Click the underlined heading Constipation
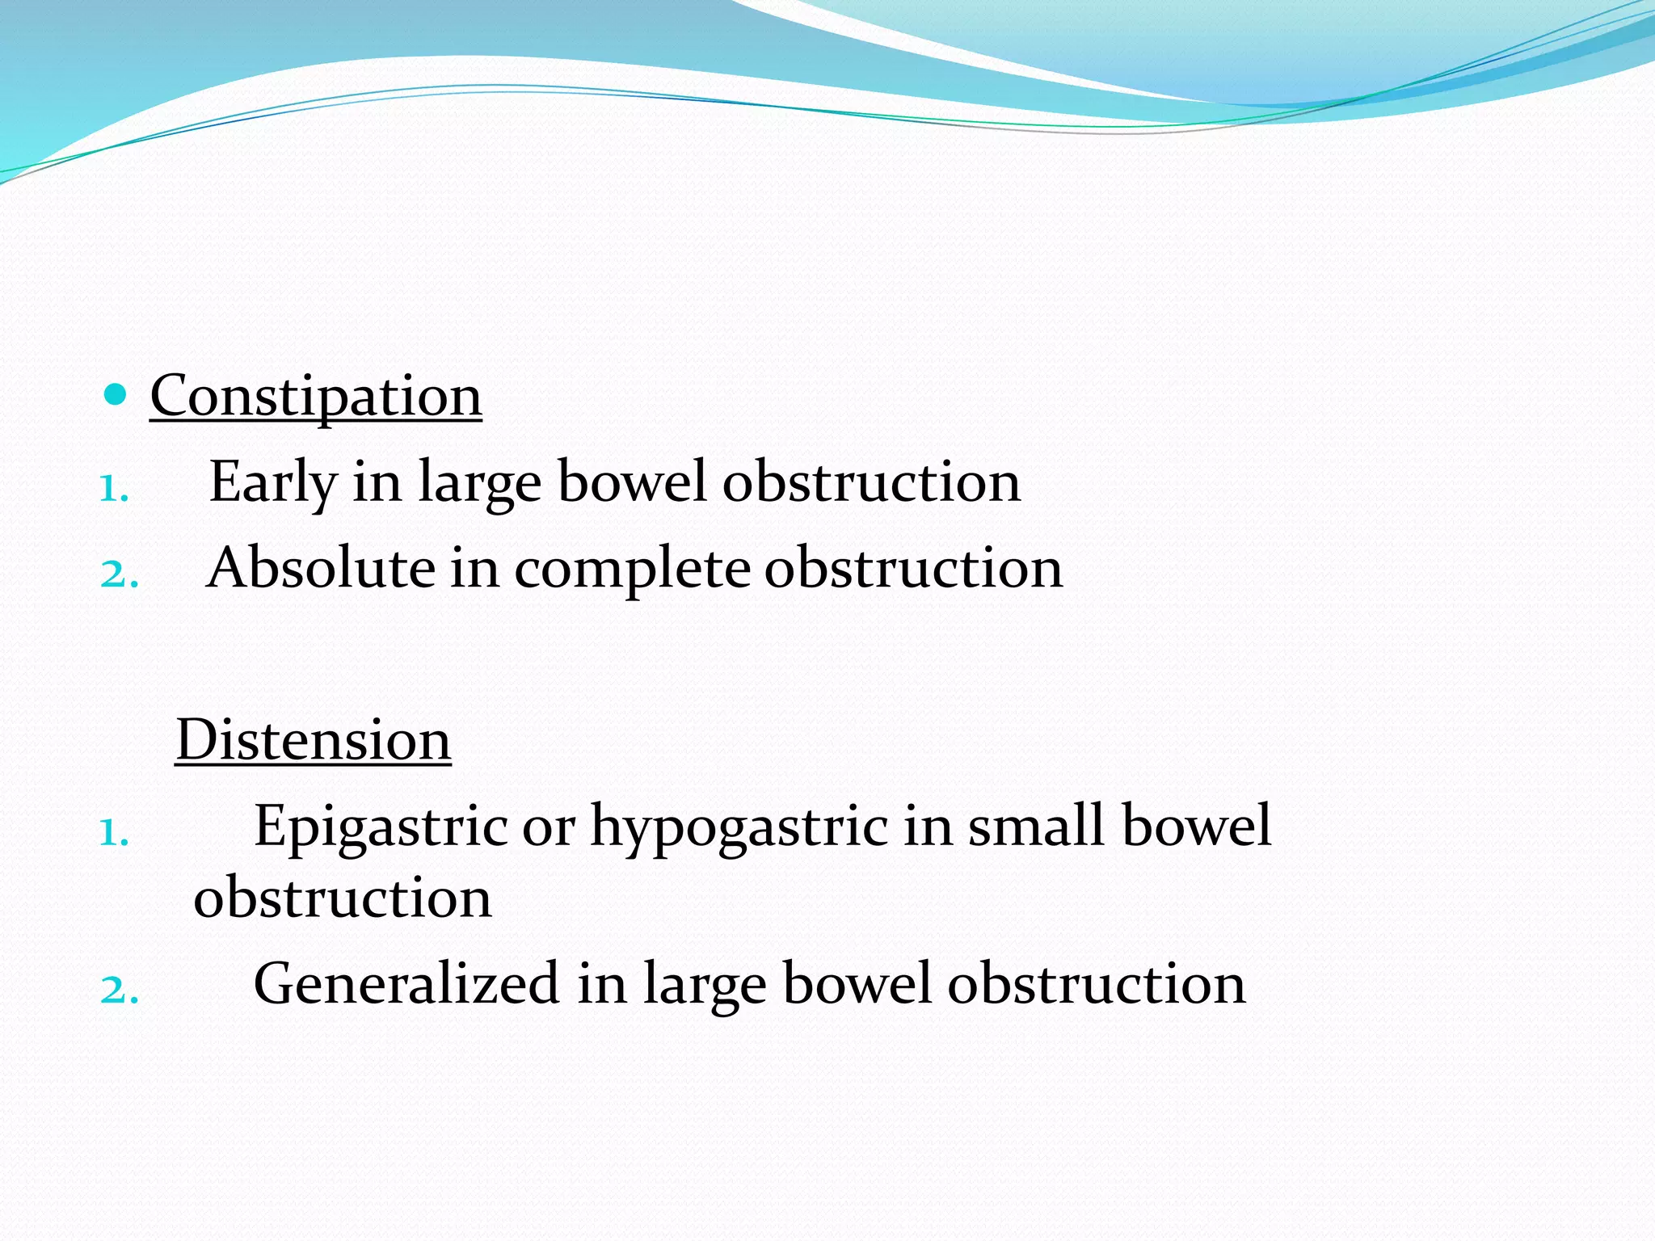click(x=316, y=396)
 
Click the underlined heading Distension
click(x=314, y=740)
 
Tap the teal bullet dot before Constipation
click(x=116, y=395)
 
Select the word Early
click(x=272, y=482)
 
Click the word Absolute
click(x=321, y=567)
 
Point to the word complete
click(x=632, y=569)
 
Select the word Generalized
click(x=406, y=984)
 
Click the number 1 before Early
click(x=113, y=489)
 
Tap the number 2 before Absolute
click(x=119, y=574)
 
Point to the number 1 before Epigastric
click(x=113, y=833)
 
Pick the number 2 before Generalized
click(x=119, y=990)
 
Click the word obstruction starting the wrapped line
click(x=343, y=898)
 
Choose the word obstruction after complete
click(x=913, y=568)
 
